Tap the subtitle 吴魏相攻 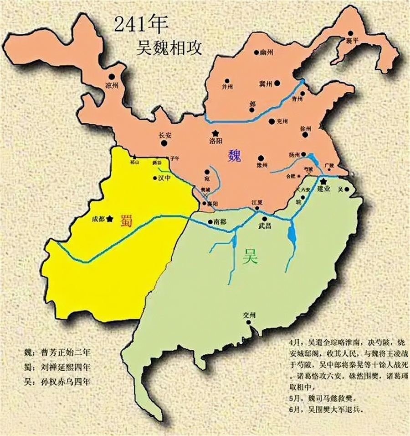171,47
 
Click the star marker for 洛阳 215,133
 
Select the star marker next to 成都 110,219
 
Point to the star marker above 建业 323,181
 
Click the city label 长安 164,135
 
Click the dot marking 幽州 256,53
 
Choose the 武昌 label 265,226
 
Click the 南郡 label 220,222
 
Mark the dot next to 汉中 154,179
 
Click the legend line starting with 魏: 61,352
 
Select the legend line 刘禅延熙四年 61,367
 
